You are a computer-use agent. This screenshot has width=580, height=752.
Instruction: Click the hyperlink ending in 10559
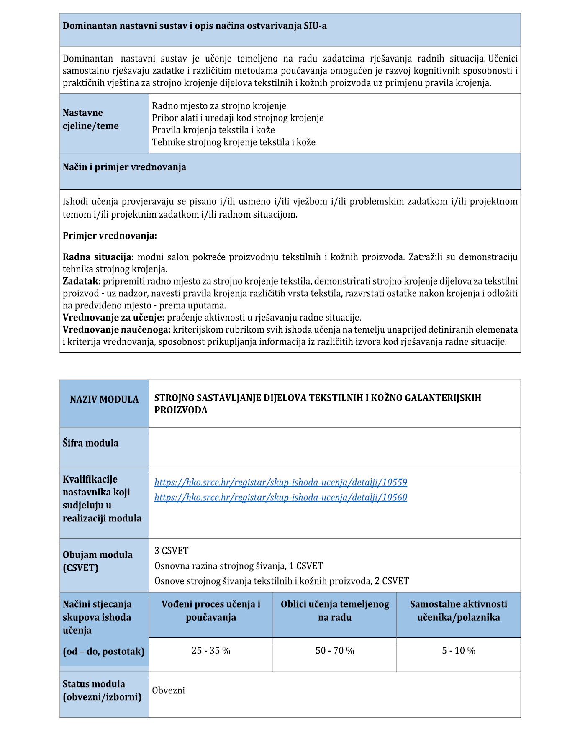coord(280,482)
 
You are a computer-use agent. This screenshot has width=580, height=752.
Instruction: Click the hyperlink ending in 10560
coord(280,497)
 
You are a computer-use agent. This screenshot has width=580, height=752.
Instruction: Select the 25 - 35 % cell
coord(211,650)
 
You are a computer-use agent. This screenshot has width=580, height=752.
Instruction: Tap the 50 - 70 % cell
coord(335,650)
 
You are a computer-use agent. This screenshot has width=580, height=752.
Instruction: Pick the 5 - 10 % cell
coord(459,650)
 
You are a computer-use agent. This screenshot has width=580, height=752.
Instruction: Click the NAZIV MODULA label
coord(104,399)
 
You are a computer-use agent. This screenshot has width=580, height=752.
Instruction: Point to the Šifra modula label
coord(90,443)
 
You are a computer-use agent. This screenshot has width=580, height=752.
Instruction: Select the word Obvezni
coord(168,690)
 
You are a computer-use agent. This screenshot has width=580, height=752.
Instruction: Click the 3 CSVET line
coord(172,550)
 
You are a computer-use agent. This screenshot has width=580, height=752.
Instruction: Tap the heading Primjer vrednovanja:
coord(110,236)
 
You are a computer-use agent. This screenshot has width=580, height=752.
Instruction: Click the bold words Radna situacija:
coord(98,257)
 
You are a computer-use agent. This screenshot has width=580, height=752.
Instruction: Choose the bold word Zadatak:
coord(82,281)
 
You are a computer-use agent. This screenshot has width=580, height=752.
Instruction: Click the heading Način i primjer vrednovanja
coord(124,167)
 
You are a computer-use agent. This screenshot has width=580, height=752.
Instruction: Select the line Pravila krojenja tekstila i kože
coord(213,130)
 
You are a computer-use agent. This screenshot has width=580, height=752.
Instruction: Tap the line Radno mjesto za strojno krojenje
coord(219,106)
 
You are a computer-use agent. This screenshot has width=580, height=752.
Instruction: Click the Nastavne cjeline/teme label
coord(90,119)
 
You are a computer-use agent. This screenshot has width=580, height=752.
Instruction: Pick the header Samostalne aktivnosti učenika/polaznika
coord(459,611)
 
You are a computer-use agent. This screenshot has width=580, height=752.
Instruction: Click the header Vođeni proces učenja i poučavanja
coord(211,611)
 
